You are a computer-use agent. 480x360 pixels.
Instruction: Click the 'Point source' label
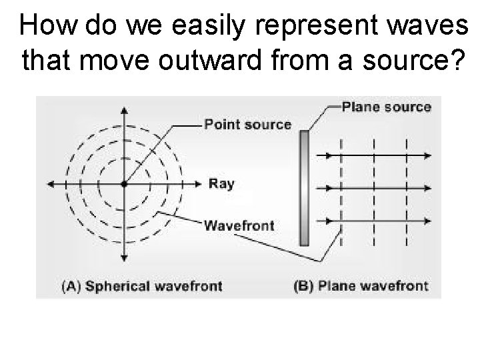click(x=247, y=124)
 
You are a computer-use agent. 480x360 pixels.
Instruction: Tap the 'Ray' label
click(x=221, y=183)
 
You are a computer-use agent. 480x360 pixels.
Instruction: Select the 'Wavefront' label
click(x=238, y=225)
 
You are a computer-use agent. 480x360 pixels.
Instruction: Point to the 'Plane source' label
click(x=386, y=107)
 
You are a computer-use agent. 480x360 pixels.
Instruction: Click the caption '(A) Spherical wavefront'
click(x=141, y=287)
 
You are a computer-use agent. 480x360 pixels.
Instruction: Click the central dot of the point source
click(x=124, y=183)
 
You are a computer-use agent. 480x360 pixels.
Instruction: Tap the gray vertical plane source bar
click(x=305, y=188)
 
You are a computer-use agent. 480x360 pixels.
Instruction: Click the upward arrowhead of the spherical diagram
click(x=124, y=111)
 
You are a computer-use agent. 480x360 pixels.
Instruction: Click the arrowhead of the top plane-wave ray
click(x=426, y=155)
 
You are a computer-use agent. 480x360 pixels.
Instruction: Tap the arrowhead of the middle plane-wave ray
click(x=426, y=189)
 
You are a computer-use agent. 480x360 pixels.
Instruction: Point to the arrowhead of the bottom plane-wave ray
click(x=426, y=221)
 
